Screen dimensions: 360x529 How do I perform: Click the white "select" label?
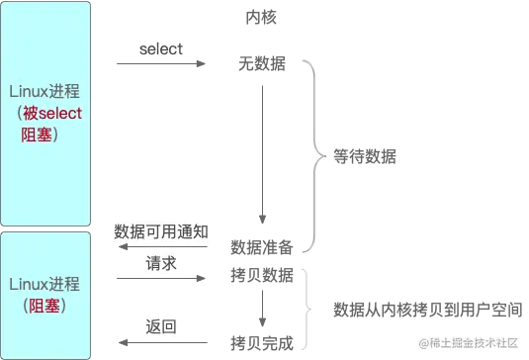(161, 48)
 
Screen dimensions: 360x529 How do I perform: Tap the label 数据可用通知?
(162, 231)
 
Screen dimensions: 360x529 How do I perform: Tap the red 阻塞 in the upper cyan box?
(41, 134)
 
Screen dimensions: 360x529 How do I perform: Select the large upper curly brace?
(314, 153)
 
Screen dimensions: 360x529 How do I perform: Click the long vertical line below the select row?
(265, 148)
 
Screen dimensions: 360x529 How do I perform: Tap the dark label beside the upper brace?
(363, 153)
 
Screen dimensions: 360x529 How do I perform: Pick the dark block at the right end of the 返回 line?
(262, 341)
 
